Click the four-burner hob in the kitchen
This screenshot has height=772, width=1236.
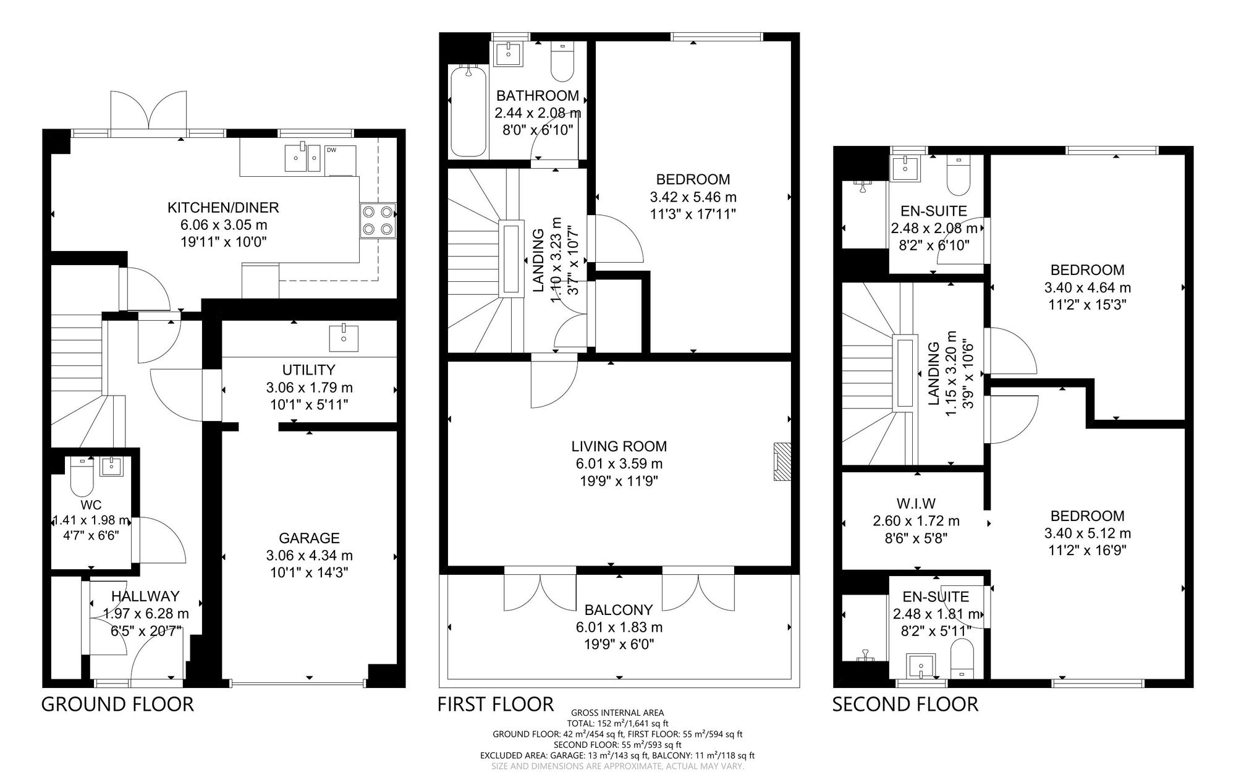coord(378,221)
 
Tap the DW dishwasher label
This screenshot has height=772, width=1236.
coord(331,150)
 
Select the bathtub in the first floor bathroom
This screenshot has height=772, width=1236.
coord(468,111)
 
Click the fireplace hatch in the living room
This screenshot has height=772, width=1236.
coord(782,462)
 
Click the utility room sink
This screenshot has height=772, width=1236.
coord(344,337)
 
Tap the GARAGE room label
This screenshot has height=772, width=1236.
coord(309,538)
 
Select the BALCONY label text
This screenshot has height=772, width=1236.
coord(619,609)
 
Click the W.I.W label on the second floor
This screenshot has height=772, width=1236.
coord(916,504)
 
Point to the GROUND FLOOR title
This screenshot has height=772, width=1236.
coord(117,704)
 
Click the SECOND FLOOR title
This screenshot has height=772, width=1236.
coord(905,704)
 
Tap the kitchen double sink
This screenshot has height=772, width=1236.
coord(303,158)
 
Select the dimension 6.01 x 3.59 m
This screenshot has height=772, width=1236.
coord(619,464)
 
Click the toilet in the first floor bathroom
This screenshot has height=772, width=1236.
coord(562,61)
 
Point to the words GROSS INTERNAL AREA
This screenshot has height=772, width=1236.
coord(618,713)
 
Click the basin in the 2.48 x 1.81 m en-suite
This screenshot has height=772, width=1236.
coord(921,666)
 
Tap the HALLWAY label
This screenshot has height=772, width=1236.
coord(145,596)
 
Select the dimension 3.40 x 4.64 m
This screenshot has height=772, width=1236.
coord(1087,287)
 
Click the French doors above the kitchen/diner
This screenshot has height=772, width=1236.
coord(149,111)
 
